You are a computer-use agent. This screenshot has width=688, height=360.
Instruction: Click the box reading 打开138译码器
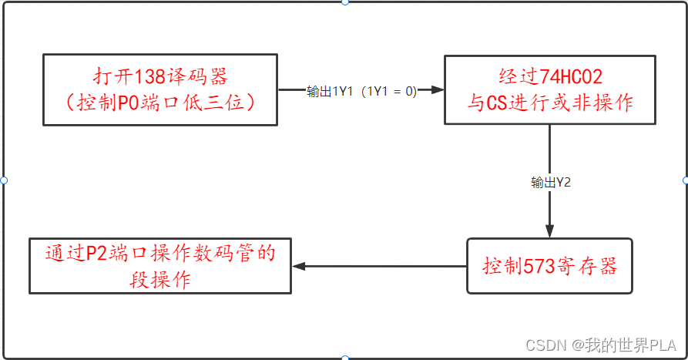click(x=160, y=89)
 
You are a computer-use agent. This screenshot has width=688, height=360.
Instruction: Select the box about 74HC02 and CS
click(x=550, y=89)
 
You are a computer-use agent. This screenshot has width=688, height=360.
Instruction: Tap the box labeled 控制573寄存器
click(x=549, y=266)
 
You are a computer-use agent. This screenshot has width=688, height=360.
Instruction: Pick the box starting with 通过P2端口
click(x=160, y=266)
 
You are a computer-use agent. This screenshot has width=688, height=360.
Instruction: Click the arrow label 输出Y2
click(x=550, y=183)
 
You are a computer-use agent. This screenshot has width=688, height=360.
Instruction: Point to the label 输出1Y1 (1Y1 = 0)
click(x=361, y=91)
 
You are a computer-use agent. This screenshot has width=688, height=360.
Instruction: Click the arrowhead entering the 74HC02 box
click(x=438, y=90)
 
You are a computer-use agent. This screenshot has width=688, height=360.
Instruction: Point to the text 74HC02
click(x=572, y=77)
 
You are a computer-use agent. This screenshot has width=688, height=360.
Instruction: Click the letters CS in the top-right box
click(x=499, y=103)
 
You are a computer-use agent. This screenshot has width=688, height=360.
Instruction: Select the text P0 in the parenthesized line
click(x=127, y=103)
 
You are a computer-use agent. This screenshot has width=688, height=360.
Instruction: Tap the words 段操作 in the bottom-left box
click(x=160, y=280)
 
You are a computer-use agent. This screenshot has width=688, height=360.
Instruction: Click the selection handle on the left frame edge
click(x=4, y=180)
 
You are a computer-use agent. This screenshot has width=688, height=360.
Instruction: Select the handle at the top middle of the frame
click(x=344, y=2)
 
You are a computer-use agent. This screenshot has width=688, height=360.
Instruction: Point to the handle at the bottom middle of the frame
click(x=344, y=358)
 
